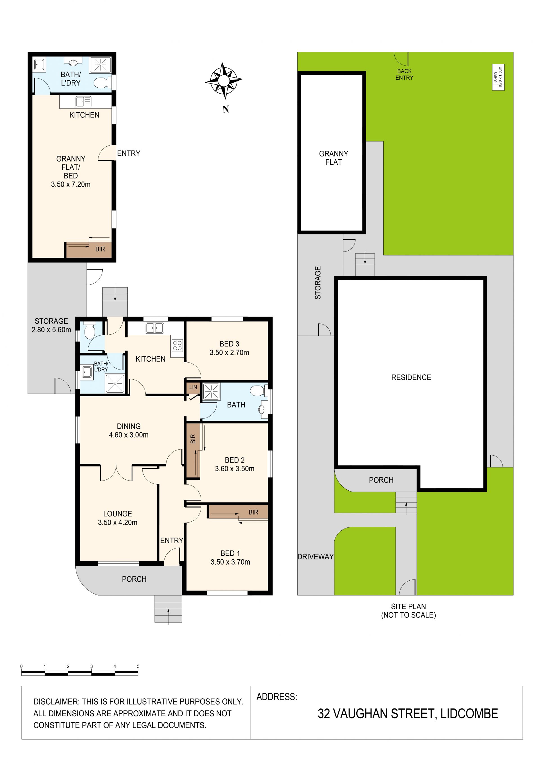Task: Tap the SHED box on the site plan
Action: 498,77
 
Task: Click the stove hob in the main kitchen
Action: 177,346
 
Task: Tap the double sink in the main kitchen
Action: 155,328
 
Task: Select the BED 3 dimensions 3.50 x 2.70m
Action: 229,353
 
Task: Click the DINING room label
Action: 129,426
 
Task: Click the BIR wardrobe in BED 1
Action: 238,512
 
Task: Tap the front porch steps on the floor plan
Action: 168,608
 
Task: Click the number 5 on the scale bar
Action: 138,666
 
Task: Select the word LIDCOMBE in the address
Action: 469,714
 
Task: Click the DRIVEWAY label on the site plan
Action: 316,557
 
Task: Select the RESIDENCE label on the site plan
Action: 411,377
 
